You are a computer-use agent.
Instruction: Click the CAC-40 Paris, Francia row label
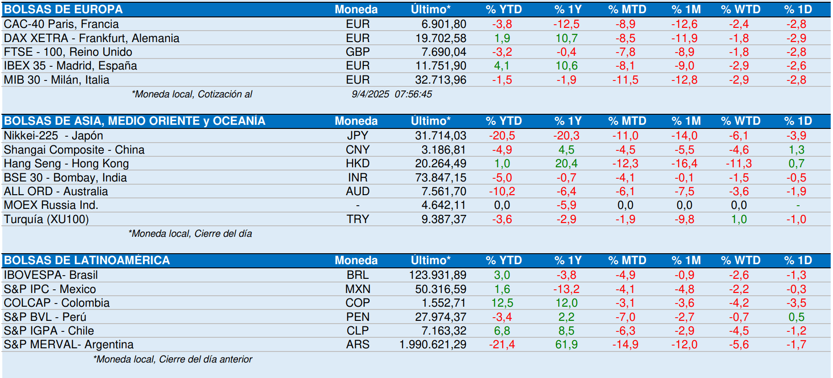pos(61,24)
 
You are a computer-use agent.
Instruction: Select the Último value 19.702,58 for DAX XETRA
pos(440,38)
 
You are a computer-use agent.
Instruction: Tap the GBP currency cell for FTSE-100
pos(357,52)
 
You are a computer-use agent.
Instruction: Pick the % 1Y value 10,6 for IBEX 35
pos(567,66)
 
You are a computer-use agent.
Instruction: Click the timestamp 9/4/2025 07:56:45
pos(392,94)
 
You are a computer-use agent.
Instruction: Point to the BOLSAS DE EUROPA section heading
pos(64,10)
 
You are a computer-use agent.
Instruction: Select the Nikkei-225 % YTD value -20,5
pos(502,136)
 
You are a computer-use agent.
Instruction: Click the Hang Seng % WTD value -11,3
pos(738,164)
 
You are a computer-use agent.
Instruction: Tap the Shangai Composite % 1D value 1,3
pos(796,150)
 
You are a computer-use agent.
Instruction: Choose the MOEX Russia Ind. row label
pos(51,205)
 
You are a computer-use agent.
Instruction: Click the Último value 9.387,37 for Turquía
pos(444,219)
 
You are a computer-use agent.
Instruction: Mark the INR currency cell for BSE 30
pos(357,178)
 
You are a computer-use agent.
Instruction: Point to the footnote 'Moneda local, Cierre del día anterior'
pos(173,359)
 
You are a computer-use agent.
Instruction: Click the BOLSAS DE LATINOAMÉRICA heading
pos(87,261)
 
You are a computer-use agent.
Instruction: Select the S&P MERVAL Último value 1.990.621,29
pos(433,345)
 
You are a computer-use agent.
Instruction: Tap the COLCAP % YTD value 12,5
pos(502,303)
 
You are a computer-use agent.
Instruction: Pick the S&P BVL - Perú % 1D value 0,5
pos(796,317)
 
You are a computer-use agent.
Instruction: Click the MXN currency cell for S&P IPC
pos(358,289)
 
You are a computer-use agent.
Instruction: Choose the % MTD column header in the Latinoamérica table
pos(627,261)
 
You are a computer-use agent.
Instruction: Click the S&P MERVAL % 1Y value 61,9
pos(567,345)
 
